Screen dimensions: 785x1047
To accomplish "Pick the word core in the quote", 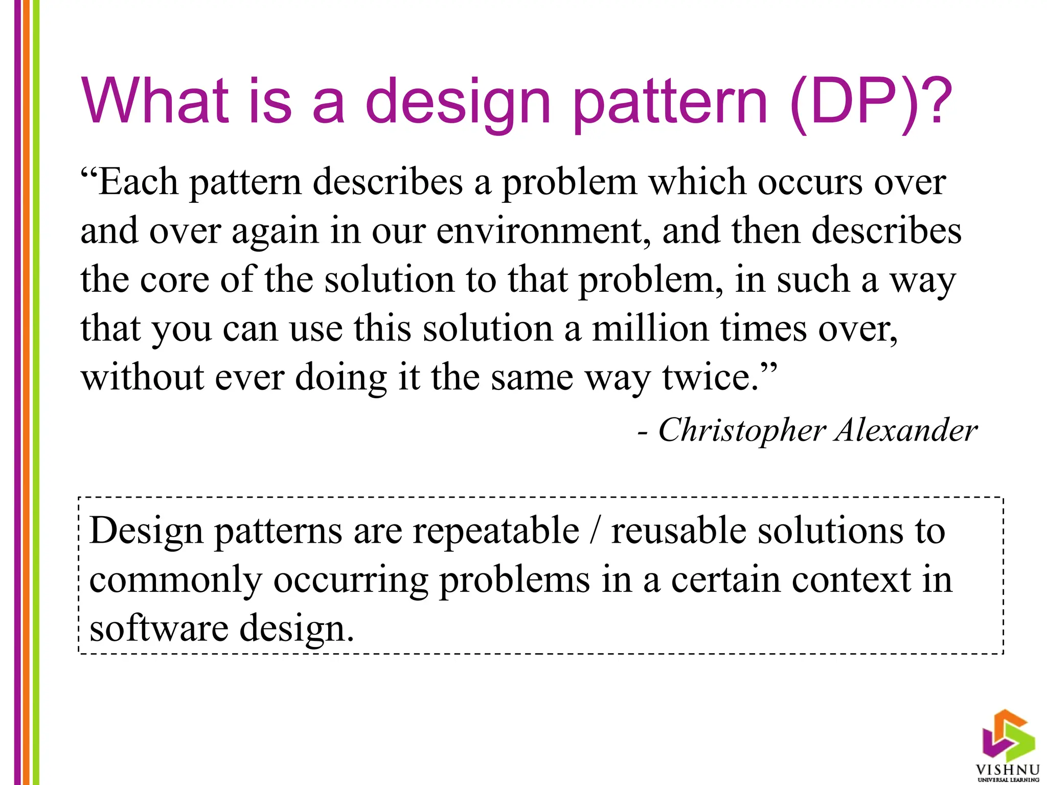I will pos(174,280).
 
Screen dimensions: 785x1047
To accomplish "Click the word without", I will pos(143,378).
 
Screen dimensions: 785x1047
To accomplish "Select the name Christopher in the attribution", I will pos(742,430).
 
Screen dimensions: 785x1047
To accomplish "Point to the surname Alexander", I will pos(906,430).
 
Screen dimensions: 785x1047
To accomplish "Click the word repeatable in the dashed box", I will pos(496,530).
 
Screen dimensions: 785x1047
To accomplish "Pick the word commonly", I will pos(175,580).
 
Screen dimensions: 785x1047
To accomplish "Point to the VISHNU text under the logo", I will pos(1008,770).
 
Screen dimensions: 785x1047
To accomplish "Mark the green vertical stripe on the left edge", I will pos(36,392).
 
